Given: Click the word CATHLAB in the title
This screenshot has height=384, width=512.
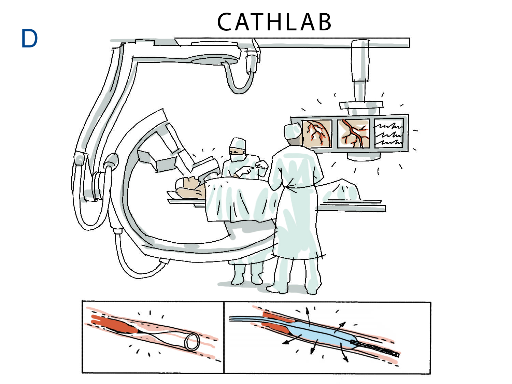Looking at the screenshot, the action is click(274, 22).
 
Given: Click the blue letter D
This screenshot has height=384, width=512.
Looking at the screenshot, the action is click(29, 39).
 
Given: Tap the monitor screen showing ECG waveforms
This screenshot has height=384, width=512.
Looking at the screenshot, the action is click(389, 133).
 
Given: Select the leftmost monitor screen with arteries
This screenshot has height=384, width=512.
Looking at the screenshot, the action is click(317, 134).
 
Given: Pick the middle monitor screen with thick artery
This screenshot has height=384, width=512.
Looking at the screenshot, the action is click(354, 133).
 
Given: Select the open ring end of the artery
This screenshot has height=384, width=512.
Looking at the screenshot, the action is click(192, 342).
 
